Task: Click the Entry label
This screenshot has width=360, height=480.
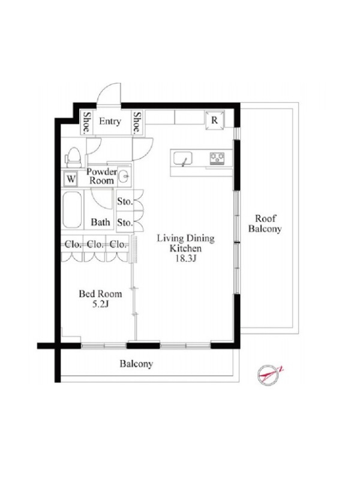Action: coord(110,122)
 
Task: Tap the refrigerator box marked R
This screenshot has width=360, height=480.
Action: coord(215,120)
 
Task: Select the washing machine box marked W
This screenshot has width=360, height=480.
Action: coord(71,179)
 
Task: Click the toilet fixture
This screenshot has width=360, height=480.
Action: coord(73,158)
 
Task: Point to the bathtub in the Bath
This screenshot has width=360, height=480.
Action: coord(72,210)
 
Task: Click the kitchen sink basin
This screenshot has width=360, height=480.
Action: coord(183,158)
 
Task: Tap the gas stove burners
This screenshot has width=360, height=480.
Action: coord(217,158)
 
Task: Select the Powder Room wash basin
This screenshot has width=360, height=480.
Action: coord(124,176)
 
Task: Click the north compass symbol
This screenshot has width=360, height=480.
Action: coord(268,374)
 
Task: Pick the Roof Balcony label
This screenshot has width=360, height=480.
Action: coord(265,224)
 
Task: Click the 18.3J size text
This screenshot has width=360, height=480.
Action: coord(185,259)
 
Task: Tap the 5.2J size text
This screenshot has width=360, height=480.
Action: coord(101,305)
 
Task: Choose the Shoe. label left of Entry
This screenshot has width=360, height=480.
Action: coord(87,122)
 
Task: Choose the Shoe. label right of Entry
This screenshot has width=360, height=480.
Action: coord(137,122)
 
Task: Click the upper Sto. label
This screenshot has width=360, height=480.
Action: coord(125,202)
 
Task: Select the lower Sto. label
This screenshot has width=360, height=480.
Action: coord(125,222)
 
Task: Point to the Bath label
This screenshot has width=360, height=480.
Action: coord(100,222)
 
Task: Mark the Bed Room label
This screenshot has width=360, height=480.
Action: coord(100,294)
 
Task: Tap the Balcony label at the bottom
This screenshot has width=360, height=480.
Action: coord(136,364)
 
